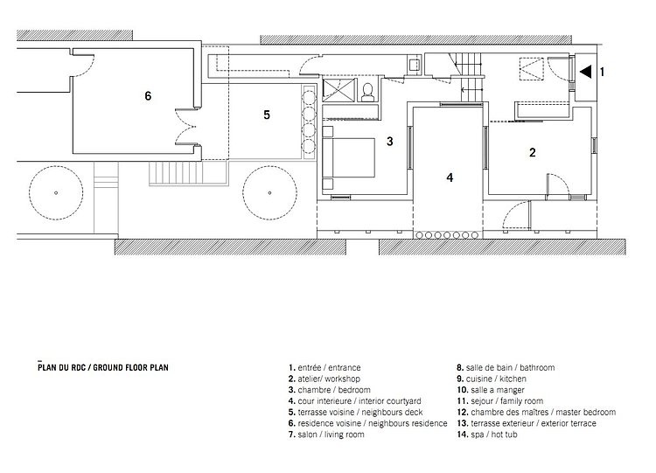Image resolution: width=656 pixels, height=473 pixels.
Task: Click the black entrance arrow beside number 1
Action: click(587, 72)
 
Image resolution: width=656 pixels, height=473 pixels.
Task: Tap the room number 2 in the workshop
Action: click(532, 152)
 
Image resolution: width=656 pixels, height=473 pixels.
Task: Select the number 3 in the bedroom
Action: click(389, 142)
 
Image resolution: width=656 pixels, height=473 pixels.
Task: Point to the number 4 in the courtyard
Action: click(450, 177)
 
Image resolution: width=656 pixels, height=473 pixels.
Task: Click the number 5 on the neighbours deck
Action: click(267, 115)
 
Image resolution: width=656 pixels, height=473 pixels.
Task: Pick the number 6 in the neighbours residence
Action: click(148, 96)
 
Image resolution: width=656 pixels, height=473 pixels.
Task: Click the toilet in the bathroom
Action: click(367, 93)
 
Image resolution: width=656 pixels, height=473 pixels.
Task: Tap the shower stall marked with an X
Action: click(338, 90)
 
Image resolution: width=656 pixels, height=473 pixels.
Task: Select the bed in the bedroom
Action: click(348, 157)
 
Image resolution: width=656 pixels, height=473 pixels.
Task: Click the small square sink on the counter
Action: click(414, 65)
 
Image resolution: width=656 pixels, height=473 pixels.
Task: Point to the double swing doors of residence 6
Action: click(185, 127)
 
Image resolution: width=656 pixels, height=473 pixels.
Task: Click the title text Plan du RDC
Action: click(61, 367)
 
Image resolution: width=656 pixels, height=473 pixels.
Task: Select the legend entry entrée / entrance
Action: click(325, 367)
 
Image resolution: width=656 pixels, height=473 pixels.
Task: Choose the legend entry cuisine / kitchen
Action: click(492, 379)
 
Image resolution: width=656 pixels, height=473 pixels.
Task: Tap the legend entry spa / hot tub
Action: click(487, 435)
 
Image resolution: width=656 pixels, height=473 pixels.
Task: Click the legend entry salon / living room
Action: click(326, 435)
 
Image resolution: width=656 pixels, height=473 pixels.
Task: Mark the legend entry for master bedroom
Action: click(536, 413)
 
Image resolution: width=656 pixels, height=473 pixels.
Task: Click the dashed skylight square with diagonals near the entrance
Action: click(531, 69)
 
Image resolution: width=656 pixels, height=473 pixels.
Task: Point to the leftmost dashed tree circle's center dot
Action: click(56, 193)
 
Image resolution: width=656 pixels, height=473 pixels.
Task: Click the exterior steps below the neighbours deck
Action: click(176, 173)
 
